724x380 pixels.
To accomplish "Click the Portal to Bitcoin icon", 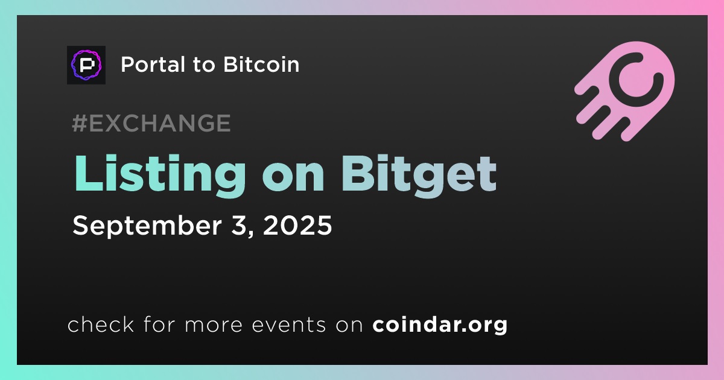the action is pos(86,65).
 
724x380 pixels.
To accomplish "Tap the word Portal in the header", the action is pos(153,65).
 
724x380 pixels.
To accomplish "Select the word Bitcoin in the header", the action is pos(261,64).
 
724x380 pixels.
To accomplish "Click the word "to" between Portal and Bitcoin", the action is pos(204,65).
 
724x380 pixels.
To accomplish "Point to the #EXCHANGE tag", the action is pos(151,123).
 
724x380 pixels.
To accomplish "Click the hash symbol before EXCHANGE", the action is pos(80,123).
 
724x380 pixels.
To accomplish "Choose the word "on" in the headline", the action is pos(293,178).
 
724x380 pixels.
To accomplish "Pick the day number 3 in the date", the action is pos(238,225).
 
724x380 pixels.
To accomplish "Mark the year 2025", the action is pos(297,225).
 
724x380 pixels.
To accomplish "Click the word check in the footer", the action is pos(101,324).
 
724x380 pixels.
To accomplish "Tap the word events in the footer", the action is pos(289,325).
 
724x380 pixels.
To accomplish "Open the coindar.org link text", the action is pos(440,325).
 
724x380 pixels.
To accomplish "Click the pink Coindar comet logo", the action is pos(624,91).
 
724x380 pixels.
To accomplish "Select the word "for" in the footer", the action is pos(159,324).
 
